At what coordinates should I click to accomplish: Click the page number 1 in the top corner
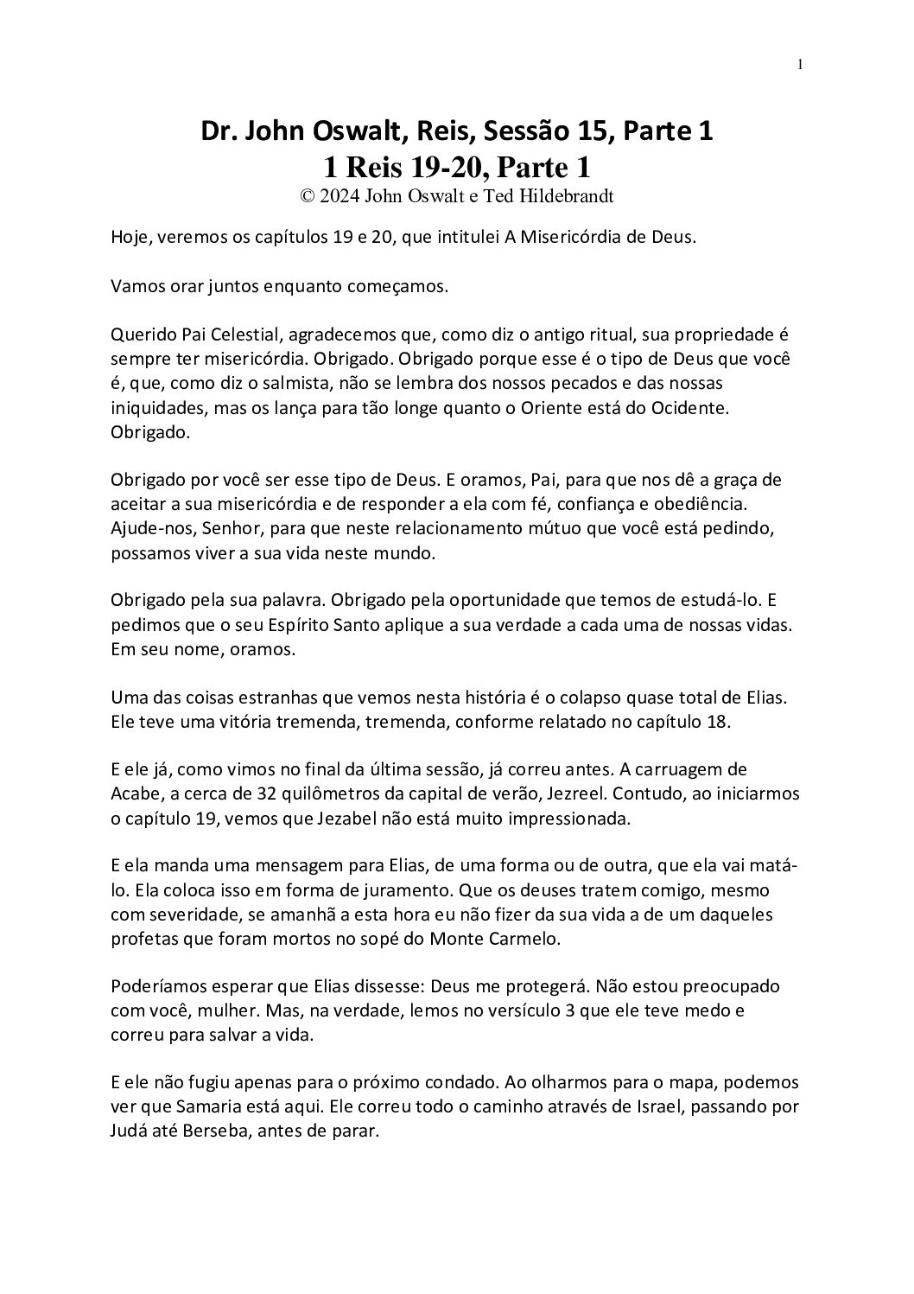pos(800,64)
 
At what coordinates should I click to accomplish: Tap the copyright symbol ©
pos(306,196)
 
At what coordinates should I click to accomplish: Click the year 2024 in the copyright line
pos(338,196)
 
